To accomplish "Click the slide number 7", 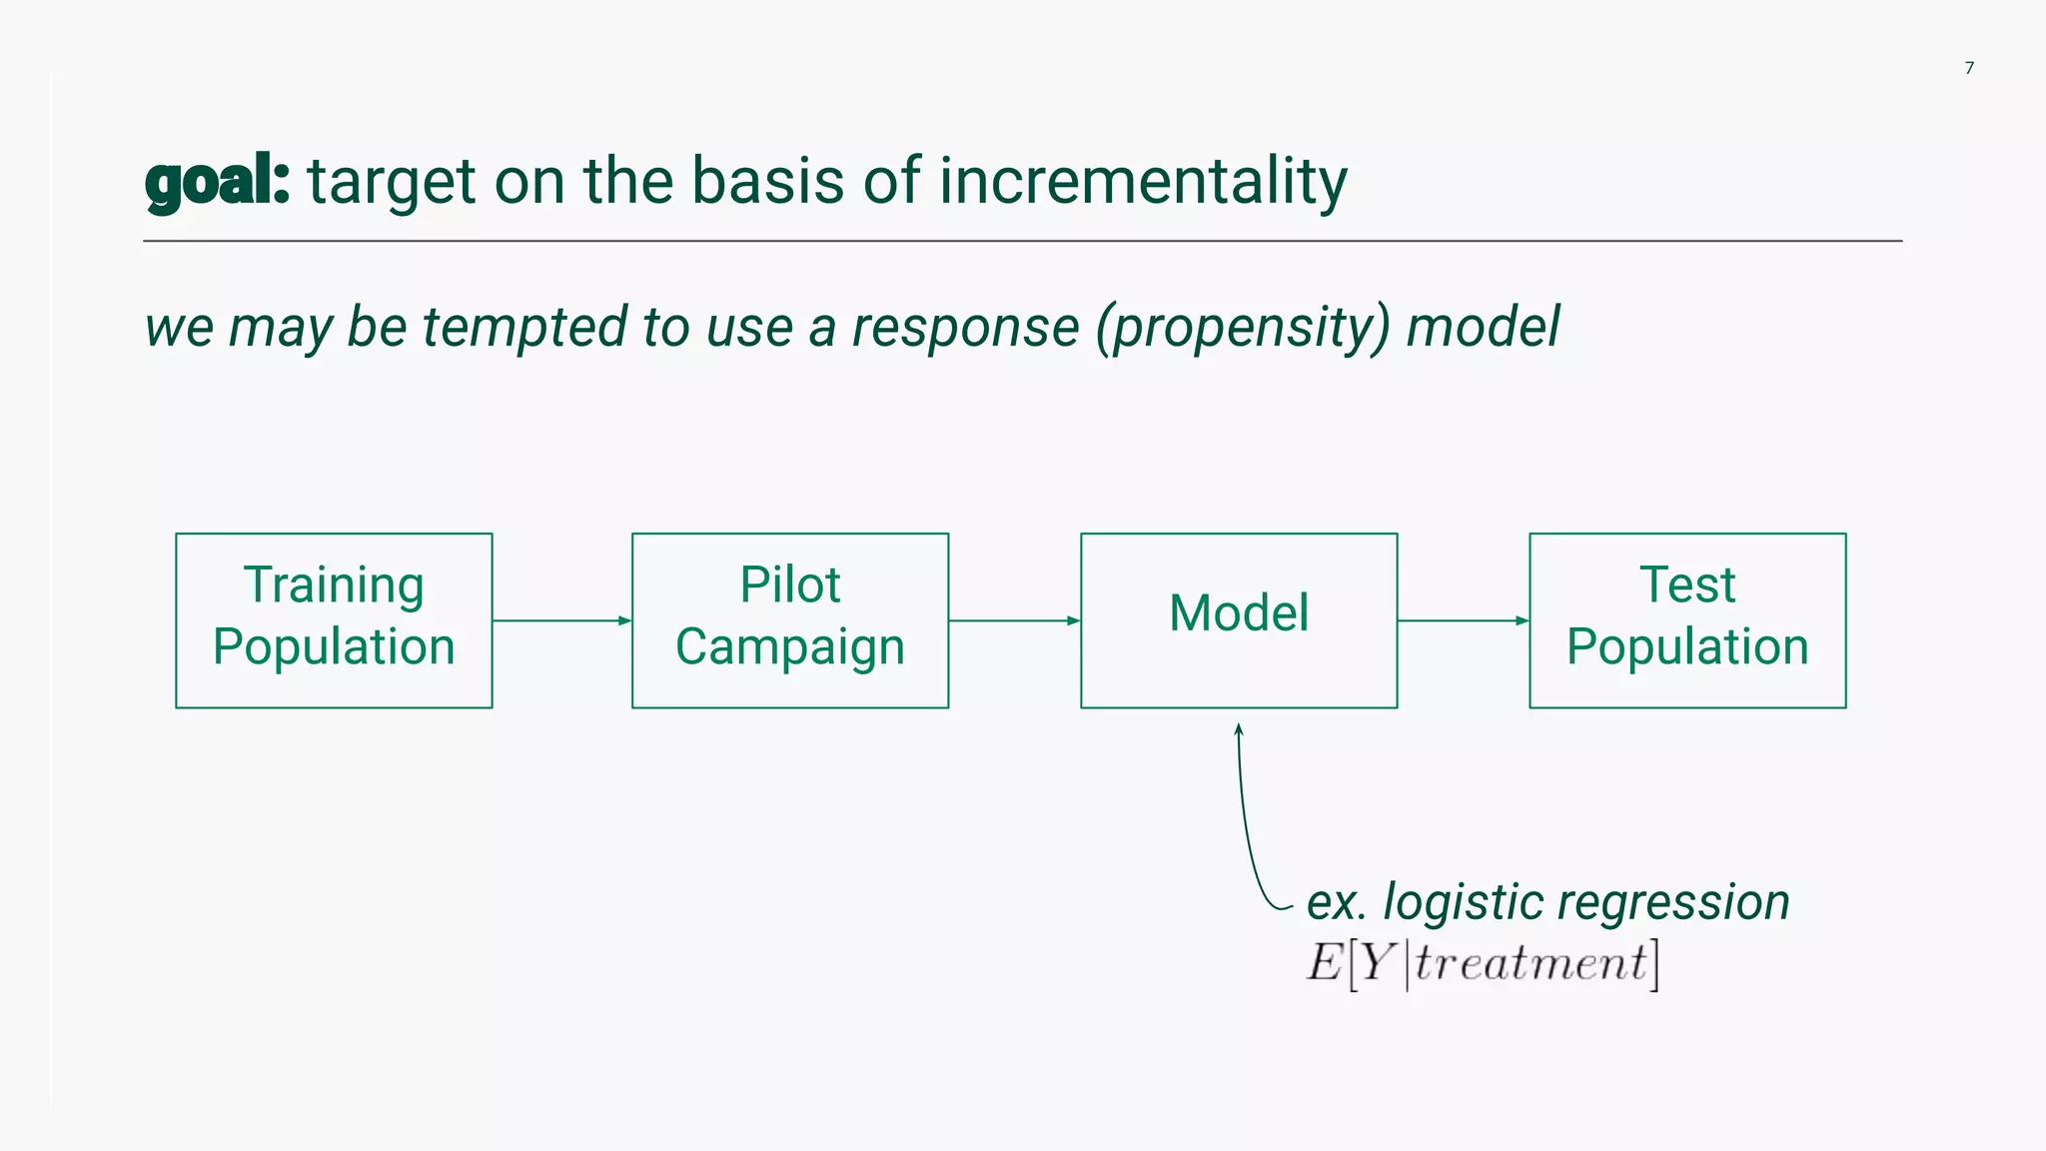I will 1969,68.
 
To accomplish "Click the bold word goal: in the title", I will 218,182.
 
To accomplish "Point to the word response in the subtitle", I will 965,328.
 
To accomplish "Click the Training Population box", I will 334,620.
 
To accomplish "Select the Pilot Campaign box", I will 790,620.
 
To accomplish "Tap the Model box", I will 1239,620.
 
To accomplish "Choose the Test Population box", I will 1687,620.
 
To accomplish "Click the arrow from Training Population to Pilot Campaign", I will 561,620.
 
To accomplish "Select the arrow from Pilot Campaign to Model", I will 1014,620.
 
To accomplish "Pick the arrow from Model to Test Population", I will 1463,620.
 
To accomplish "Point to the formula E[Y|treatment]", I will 1483,963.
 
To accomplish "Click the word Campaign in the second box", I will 790,647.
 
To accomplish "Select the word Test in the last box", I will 1687,584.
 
